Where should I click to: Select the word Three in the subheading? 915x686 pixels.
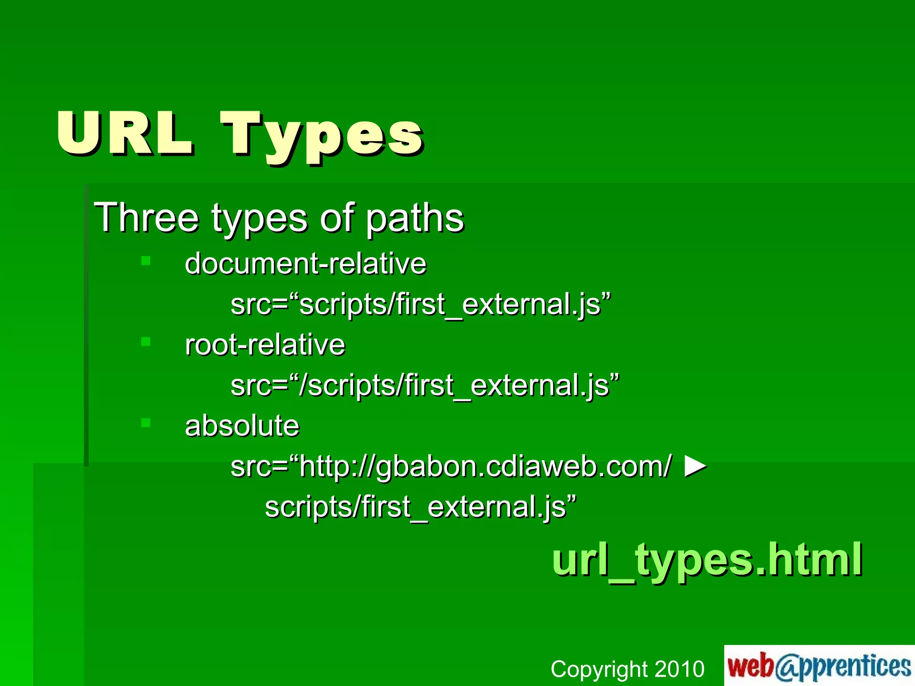click(x=146, y=218)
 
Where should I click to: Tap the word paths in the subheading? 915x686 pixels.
click(x=415, y=219)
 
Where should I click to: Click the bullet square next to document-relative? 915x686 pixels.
click(x=146, y=261)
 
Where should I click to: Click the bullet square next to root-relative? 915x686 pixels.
click(x=146, y=342)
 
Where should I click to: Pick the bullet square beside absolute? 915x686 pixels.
click(x=146, y=422)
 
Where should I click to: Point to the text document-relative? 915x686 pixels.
click(x=306, y=264)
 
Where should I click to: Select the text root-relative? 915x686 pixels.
click(x=265, y=345)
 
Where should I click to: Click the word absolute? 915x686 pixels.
click(x=242, y=426)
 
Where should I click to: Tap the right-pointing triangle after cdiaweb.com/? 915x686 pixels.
click(x=695, y=466)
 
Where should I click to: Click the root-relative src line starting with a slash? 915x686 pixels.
click(x=424, y=385)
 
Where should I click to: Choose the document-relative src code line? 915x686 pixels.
click(x=420, y=305)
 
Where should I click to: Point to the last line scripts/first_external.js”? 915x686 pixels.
click(x=420, y=507)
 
